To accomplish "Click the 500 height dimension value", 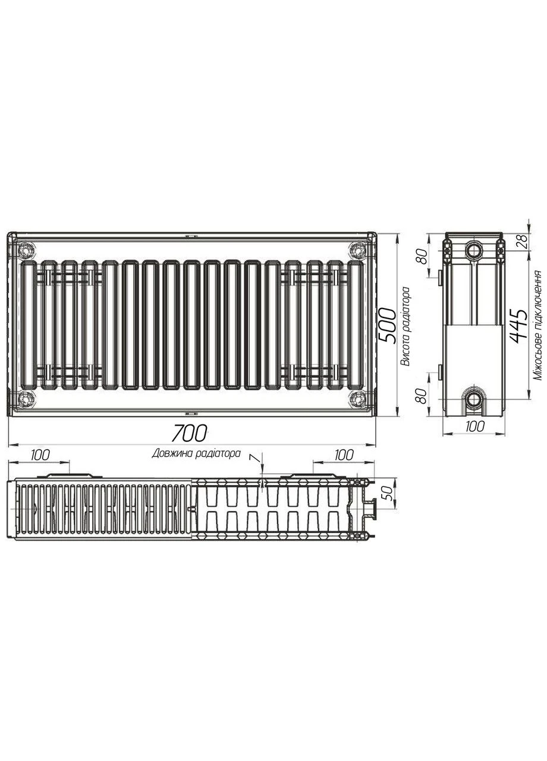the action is pyautogui.click(x=387, y=326).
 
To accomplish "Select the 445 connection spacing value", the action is pyautogui.click(x=518, y=326).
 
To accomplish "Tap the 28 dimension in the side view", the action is pyautogui.click(x=524, y=241).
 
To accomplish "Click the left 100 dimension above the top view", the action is pyautogui.click(x=40, y=455).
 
